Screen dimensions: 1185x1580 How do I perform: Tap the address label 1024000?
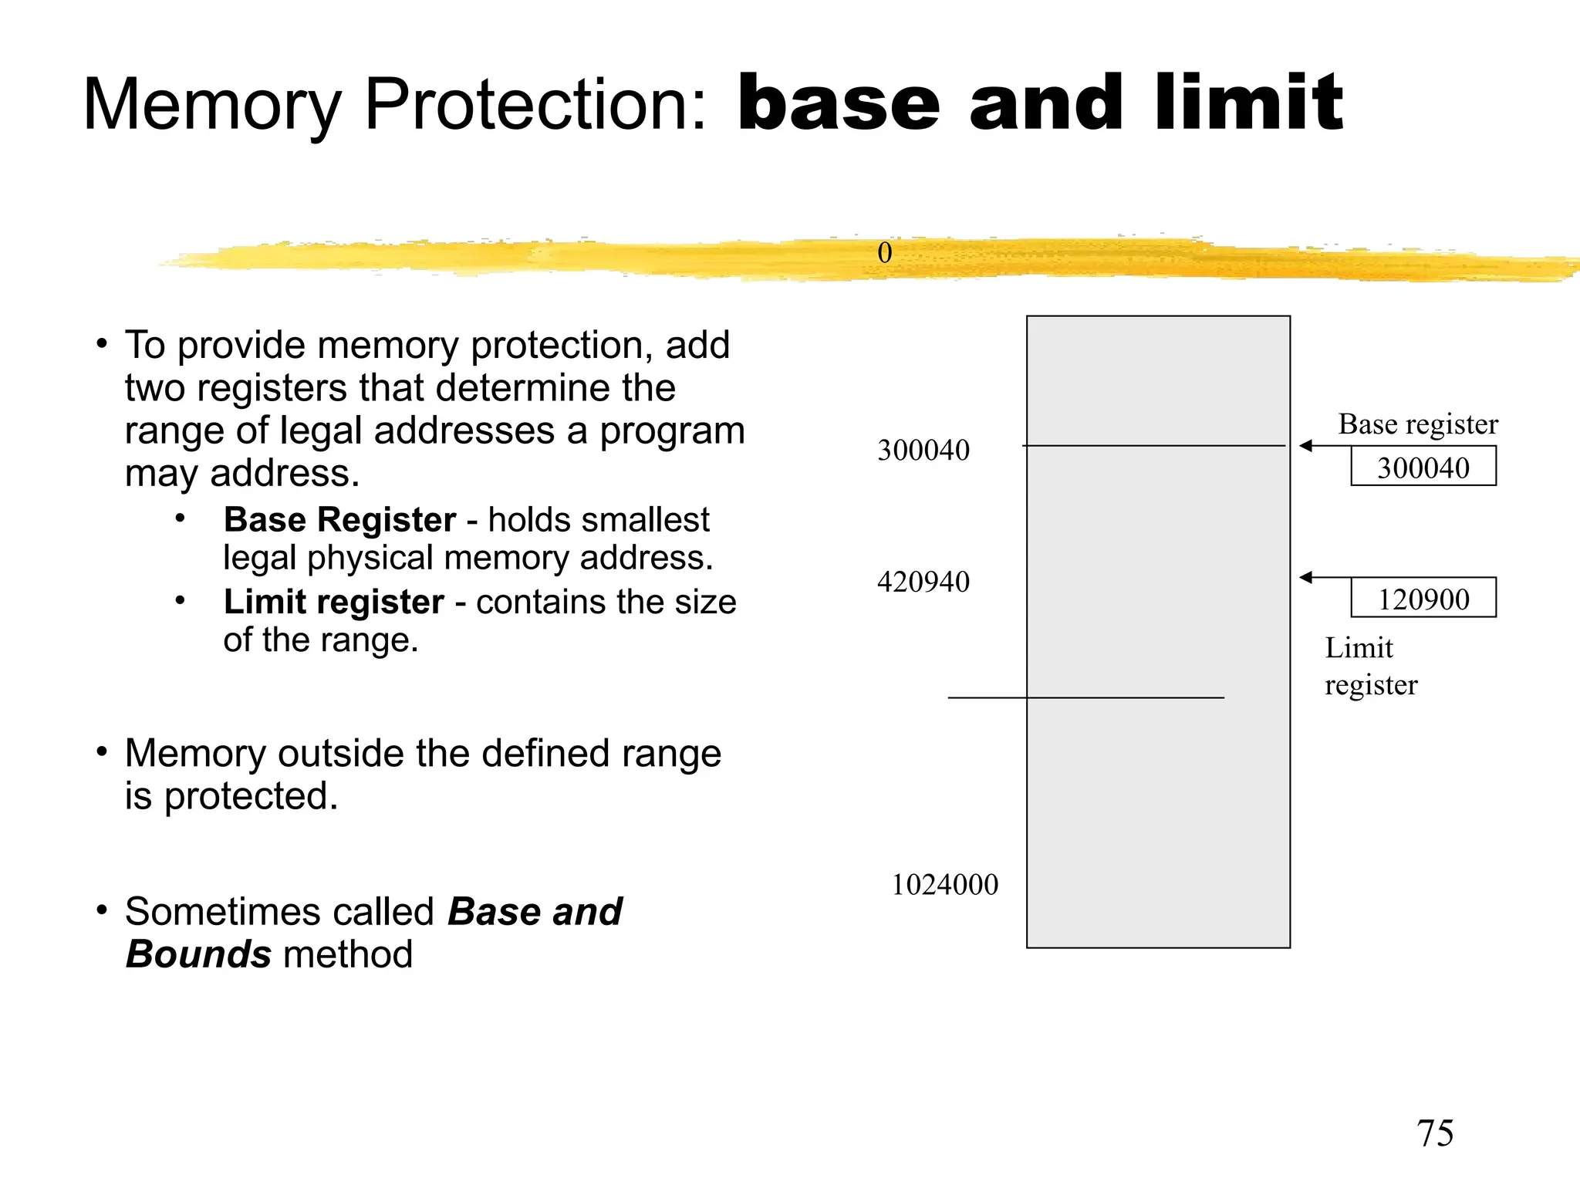pos(944,885)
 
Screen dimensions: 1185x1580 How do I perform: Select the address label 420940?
pos(923,582)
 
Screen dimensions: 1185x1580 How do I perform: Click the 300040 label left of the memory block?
pos(923,451)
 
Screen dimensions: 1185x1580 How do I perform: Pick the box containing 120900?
pos(1423,598)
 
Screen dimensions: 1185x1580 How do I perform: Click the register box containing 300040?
pos(1423,466)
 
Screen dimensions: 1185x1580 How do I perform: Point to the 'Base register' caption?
pos(1417,424)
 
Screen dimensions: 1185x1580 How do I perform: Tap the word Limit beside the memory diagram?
pos(1359,648)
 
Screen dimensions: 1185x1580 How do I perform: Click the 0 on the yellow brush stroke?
pos(884,253)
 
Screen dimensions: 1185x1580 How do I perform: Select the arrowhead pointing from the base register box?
pos(1305,446)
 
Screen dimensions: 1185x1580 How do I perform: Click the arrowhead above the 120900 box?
pos(1305,577)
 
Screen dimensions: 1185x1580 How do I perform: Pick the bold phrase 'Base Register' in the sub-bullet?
pos(339,520)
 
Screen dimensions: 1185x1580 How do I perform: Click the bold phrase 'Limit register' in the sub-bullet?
pos(333,603)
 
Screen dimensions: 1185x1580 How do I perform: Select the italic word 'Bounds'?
pos(198,954)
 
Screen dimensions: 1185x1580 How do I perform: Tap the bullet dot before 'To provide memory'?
pos(102,343)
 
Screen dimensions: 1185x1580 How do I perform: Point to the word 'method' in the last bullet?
pos(348,954)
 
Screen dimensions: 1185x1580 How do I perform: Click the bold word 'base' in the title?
pos(838,103)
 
